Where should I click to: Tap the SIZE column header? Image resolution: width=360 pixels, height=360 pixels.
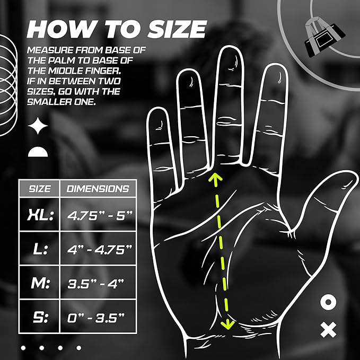click(39, 188)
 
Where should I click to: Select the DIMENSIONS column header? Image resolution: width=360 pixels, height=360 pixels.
click(98, 188)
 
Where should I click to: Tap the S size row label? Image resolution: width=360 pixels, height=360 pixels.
click(39, 318)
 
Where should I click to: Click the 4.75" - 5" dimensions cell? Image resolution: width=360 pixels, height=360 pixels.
click(98, 215)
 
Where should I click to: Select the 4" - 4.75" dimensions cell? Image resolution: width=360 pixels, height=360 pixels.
click(98, 249)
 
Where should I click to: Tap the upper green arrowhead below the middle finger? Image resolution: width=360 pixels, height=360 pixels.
click(214, 178)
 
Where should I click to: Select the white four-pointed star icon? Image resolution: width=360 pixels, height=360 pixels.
click(38, 126)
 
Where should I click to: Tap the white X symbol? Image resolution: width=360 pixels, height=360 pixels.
click(329, 331)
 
